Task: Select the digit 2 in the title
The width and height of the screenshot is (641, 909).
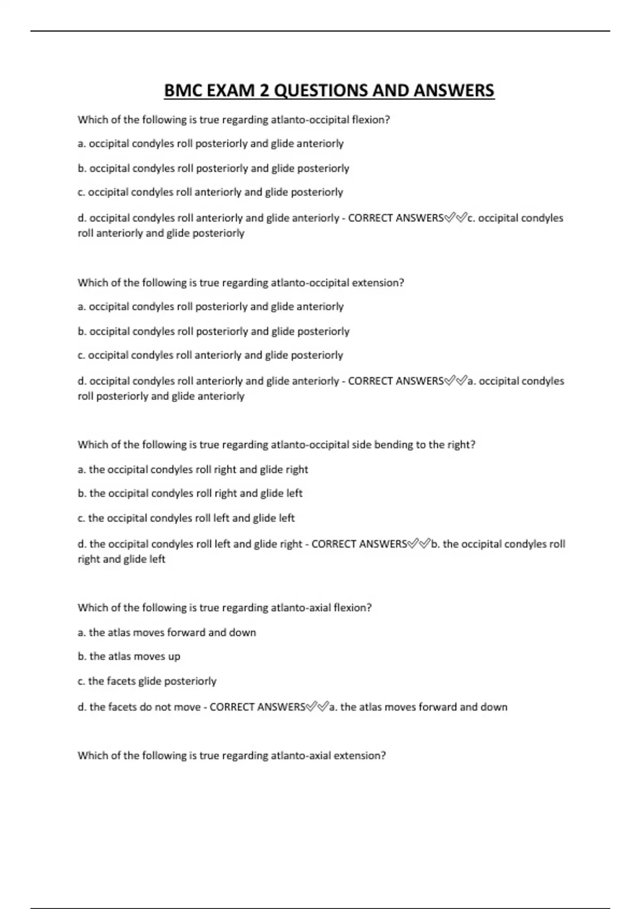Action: [x=264, y=91]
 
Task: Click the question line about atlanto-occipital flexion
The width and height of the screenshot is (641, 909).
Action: [x=233, y=120]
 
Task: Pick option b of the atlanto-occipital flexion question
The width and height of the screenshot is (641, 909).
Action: [x=213, y=168]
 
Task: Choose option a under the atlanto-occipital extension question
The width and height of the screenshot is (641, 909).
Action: [x=210, y=306]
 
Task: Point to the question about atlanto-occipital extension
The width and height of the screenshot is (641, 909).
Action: [x=240, y=282]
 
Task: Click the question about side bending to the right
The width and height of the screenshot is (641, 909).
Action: [x=276, y=444]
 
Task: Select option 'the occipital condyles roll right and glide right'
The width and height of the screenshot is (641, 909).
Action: [x=193, y=469]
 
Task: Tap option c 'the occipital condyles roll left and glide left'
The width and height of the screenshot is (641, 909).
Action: [x=186, y=518]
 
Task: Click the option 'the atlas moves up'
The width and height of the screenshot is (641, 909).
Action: [x=129, y=656]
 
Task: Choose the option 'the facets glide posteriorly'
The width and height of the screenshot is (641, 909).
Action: [x=147, y=681]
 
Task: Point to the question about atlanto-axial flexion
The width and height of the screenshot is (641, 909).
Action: [x=224, y=607]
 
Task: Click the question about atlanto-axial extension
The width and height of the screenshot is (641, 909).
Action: [x=231, y=756]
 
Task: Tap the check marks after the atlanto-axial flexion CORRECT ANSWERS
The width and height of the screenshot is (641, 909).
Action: [x=317, y=707]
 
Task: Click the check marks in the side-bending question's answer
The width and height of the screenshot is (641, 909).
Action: [x=419, y=544]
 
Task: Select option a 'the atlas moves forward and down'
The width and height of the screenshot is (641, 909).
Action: [x=167, y=633]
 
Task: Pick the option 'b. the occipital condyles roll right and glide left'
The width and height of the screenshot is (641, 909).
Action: [x=190, y=493]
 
